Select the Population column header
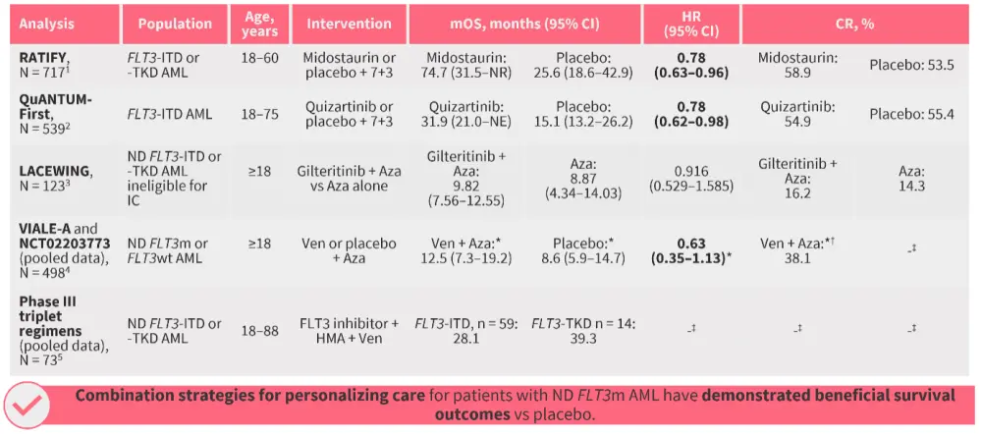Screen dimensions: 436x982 pos(175,24)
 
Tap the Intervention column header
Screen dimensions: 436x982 pos(349,24)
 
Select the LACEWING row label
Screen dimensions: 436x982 pos(54,172)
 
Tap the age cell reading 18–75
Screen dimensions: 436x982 pos(258,115)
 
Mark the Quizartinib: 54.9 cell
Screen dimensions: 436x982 pos(798,115)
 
